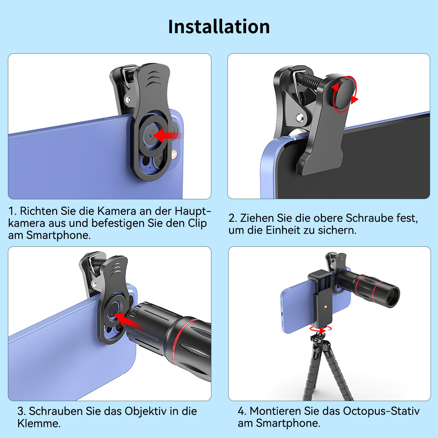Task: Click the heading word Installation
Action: coord(219,27)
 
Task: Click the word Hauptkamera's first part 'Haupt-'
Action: coord(193,211)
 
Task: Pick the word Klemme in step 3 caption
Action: coord(39,423)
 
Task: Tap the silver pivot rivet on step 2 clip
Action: coord(300,118)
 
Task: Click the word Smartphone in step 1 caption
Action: coord(58,235)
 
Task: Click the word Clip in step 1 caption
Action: coord(197,223)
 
